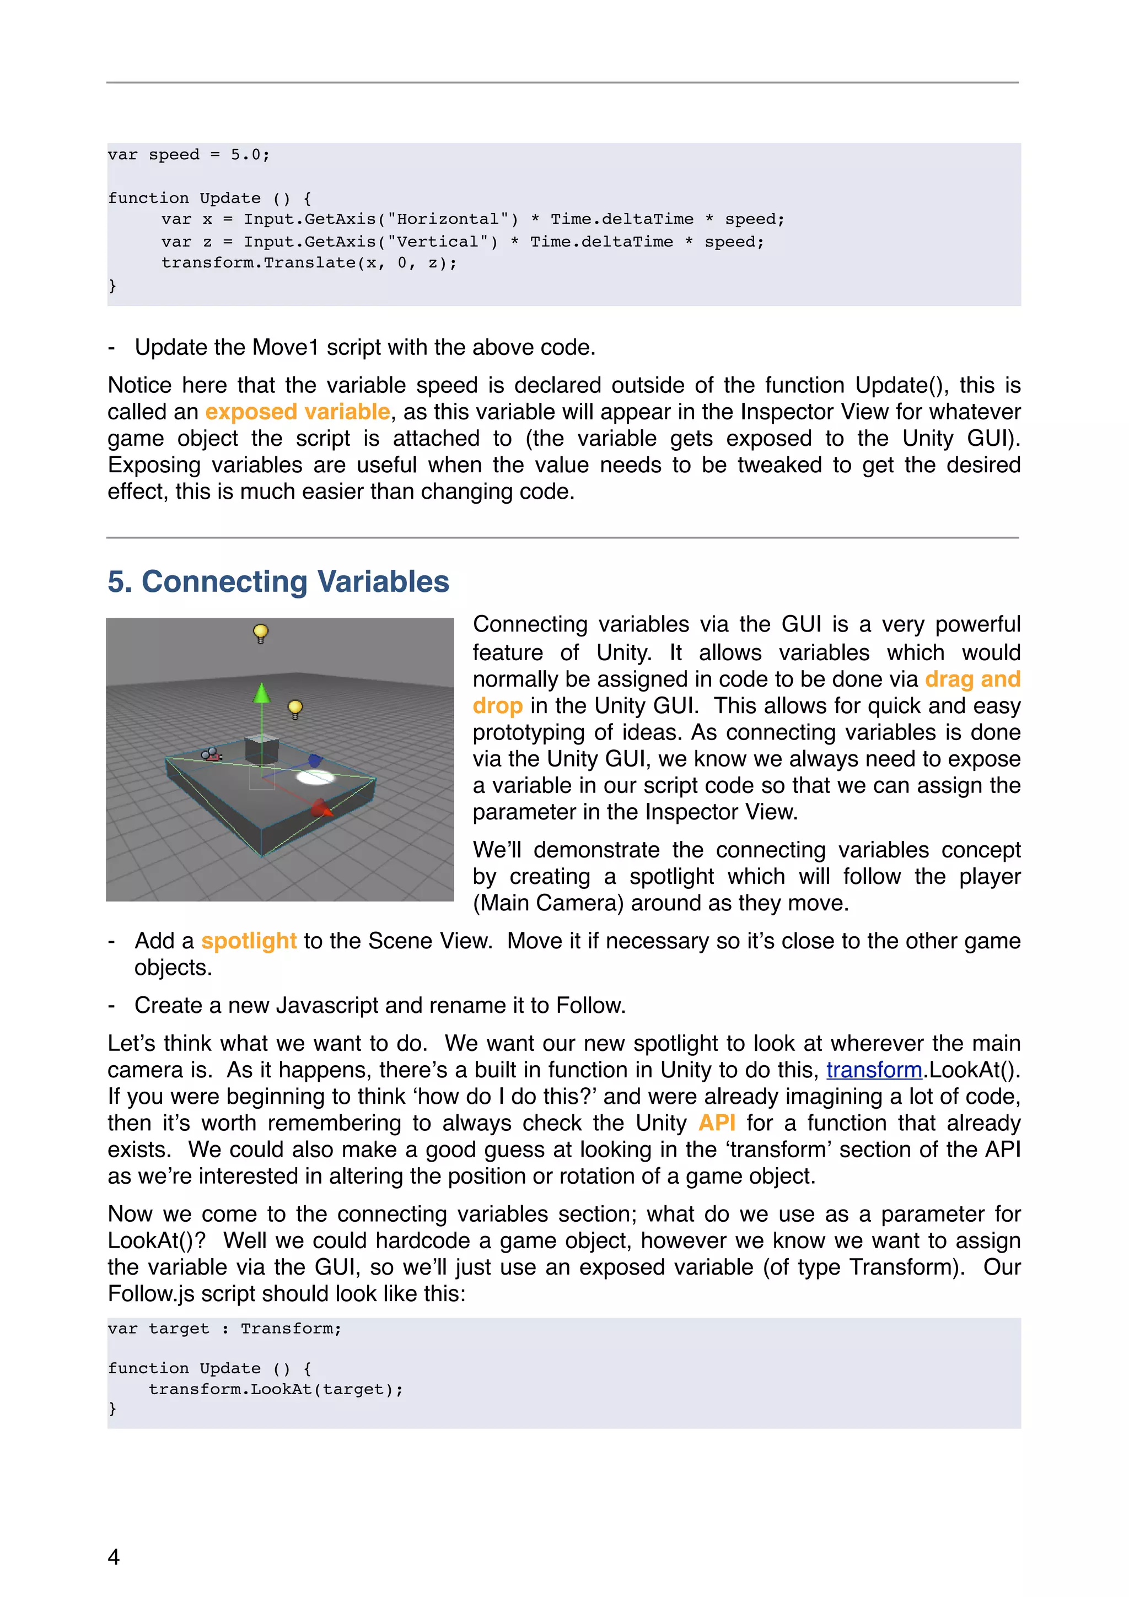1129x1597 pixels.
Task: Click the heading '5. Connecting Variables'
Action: tap(278, 581)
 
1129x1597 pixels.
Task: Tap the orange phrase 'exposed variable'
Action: tap(297, 412)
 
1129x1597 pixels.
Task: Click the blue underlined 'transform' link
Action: tap(874, 1070)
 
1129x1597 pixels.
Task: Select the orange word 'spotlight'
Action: tap(249, 941)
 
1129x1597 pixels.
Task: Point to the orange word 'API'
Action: tap(717, 1123)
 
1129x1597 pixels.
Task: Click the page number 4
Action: tap(114, 1556)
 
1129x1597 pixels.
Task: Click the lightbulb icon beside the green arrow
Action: tap(295, 709)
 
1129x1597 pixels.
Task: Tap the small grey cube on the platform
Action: tap(261, 750)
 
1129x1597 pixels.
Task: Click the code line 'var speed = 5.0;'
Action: tap(189, 154)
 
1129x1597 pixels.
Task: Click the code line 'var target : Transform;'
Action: tap(224, 1329)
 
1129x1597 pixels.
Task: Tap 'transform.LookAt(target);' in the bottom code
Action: tap(276, 1389)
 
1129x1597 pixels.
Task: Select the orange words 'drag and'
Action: tap(972, 679)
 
